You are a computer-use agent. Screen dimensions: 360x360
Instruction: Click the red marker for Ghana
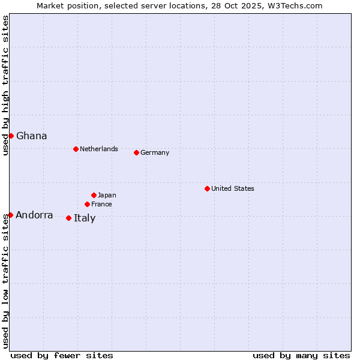coord(11,136)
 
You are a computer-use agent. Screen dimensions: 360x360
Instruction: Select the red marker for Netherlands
coord(76,149)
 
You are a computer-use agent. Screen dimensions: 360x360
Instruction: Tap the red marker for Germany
coord(136,152)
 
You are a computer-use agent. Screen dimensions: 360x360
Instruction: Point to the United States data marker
coord(207,188)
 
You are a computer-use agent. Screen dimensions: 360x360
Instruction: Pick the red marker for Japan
coord(94,195)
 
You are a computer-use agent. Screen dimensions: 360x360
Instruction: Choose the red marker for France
coord(87,204)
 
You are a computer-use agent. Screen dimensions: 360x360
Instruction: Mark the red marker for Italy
coord(68,218)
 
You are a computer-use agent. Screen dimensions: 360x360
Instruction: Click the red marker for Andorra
coord(10,215)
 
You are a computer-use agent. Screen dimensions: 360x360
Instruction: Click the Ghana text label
coord(32,136)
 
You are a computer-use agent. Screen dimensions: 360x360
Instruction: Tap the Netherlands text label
coord(99,149)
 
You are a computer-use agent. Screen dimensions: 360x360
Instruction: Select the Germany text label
coord(155,152)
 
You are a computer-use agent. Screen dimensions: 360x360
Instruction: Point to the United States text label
coord(233,188)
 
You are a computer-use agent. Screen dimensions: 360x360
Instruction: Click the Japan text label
coord(107,195)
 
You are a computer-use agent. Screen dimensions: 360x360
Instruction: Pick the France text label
coord(101,204)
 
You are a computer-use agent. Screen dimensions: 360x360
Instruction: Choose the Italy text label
coord(85,218)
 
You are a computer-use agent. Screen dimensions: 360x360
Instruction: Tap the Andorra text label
coord(34,215)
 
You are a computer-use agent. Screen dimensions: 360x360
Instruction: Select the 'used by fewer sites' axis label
coord(62,355)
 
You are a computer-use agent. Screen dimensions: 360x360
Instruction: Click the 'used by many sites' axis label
coord(301,355)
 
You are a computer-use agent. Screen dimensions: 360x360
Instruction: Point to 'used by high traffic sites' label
coord(5,85)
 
